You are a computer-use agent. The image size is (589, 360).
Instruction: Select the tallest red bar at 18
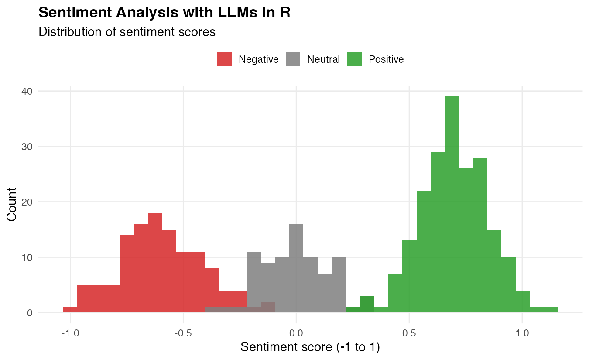click(x=155, y=262)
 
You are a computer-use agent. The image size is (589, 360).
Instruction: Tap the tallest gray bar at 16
click(x=296, y=268)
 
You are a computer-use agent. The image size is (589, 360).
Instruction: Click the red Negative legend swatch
click(x=224, y=59)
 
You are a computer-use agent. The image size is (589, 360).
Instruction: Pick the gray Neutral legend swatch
click(x=293, y=59)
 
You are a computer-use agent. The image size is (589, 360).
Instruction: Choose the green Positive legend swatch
click(x=354, y=59)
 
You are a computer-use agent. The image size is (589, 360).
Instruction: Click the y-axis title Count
click(x=12, y=204)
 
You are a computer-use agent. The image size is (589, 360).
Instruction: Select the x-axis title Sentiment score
click(x=310, y=348)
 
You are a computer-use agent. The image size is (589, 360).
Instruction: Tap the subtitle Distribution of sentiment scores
click(x=127, y=32)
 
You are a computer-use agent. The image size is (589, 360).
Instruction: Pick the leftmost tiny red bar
click(x=70, y=310)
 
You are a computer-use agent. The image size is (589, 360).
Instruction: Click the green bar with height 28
click(x=480, y=236)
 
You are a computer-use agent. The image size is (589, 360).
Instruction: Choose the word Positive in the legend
click(x=386, y=59)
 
